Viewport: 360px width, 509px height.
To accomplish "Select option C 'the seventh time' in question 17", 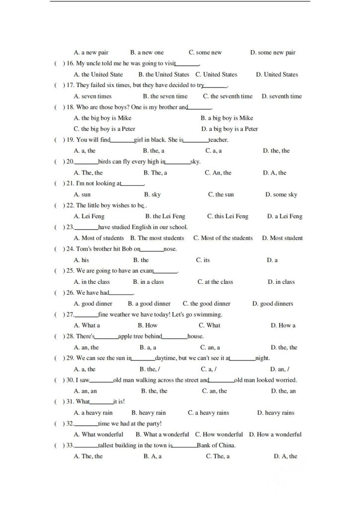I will (x=227, y=96).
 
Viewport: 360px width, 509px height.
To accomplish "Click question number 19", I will (x=70, y=140).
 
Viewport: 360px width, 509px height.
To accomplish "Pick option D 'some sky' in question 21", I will (x=281, y=194).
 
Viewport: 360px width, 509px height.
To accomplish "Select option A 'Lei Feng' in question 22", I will (x=88, y=216).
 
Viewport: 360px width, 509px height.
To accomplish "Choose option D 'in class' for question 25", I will (x=281, y=282).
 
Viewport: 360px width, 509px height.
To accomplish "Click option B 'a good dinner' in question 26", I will (x=149, y=304).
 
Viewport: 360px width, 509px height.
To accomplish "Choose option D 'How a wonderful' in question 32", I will (x=275, y=434).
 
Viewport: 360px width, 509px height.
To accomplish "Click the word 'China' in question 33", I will (x=226, y=445).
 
